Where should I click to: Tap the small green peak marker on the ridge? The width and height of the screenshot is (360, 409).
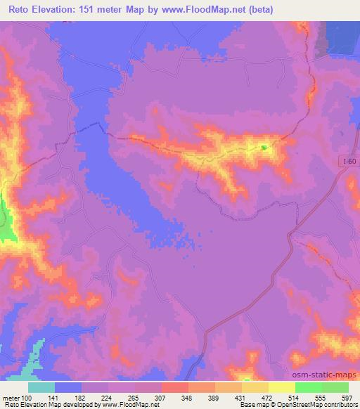coord(264,147)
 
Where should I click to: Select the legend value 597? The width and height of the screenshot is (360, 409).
coord(347,398)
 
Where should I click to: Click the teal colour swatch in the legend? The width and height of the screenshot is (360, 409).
coord(41,387)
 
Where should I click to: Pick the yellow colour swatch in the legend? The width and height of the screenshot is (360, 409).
coord(281,387)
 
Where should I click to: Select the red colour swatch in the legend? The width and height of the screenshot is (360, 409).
coord(174,387)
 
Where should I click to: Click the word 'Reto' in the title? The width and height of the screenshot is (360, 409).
coord(20,10)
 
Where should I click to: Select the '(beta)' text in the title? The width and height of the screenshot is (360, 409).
coord(259,10)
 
